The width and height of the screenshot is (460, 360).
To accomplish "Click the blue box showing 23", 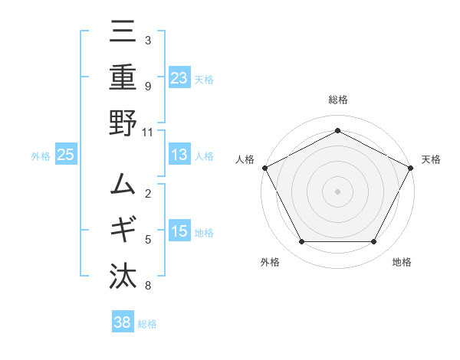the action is (179, 77).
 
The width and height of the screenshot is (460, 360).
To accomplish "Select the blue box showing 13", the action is (179, 155).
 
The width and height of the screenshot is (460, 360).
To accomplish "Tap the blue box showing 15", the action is (179, 231).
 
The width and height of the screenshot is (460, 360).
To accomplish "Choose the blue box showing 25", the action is (65, 155).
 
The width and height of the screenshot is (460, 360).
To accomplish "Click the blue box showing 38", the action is (123, 322).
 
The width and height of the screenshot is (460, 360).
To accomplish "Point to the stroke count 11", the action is (148, 132).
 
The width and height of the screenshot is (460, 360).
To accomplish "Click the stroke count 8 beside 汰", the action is (148, 286).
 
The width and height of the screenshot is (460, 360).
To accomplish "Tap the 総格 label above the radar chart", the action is (337, 100).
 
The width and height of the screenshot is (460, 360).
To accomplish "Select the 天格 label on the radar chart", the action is (432, 159).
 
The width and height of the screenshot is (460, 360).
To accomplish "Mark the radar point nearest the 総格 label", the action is (337, 130).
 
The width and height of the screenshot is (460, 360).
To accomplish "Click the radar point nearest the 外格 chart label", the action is (301, 242).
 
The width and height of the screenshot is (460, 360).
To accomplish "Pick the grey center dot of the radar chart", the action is (337, 191).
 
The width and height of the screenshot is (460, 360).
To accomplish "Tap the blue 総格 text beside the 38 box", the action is (147, 323).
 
